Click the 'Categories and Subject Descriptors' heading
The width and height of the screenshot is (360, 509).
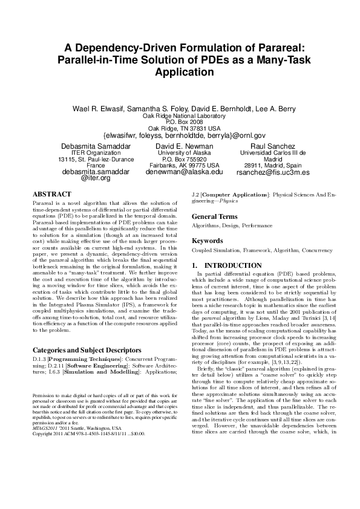[x=83, y=349]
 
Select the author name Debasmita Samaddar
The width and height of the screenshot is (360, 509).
[x=96, y=146]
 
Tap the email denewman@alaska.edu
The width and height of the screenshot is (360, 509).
[x=185, y=171]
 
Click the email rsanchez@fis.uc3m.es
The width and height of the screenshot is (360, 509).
[x=273, y=172]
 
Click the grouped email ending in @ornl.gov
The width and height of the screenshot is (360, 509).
[x=185, y=135]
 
